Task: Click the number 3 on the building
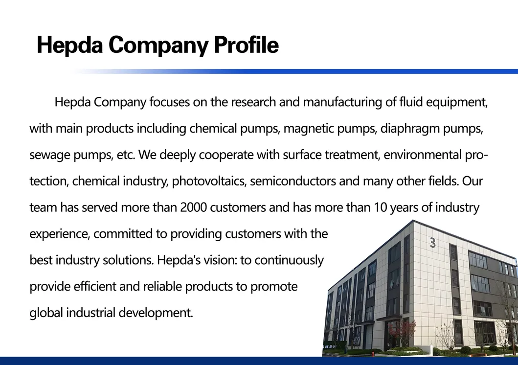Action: pos(432,243)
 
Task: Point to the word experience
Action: pos(59,234)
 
